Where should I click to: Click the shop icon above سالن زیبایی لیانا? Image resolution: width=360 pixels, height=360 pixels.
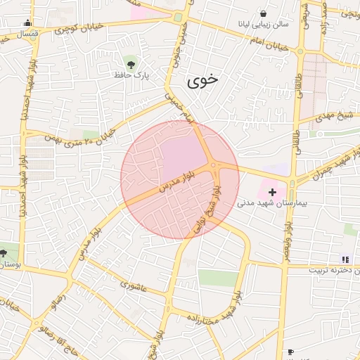point(263,13)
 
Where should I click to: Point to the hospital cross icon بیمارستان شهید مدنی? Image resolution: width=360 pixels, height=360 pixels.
point(272,191)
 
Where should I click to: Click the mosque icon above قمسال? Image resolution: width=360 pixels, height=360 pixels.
point(28,23)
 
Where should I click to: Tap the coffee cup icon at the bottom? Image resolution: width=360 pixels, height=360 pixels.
point(290,352)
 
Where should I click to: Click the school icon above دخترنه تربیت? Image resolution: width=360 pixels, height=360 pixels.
point(345,259)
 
